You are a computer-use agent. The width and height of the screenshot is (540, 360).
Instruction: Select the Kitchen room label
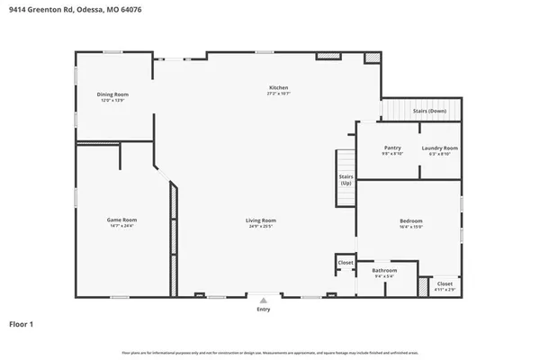click(x=277, y=87)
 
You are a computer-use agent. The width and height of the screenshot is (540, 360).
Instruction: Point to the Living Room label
click(x=261, y=220)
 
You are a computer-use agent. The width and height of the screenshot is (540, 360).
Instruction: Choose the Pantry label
click(x=392, y=148)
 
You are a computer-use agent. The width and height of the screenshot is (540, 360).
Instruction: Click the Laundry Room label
click(x=439, y=148)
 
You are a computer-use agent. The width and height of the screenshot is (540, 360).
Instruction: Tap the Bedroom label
click(x=411, y=220)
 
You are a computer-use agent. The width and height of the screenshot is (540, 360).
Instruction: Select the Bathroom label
click(x=384, y=270)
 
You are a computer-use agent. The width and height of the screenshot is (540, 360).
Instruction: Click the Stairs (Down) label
click(x=429, y=111)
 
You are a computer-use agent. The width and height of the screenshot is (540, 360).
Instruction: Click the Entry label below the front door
click(x=263, y=309)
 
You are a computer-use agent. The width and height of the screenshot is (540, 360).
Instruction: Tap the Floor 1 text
click(x=22, y=322)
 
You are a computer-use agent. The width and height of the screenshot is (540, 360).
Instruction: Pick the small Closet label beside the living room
click(x=346, y=262)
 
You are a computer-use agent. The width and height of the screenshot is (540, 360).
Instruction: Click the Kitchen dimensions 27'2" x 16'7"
click(x=277, y=94)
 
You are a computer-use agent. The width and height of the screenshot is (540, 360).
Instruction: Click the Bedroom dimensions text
click(x=411, y=227)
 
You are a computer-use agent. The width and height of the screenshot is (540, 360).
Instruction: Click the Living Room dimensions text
click(x=261, y=226)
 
